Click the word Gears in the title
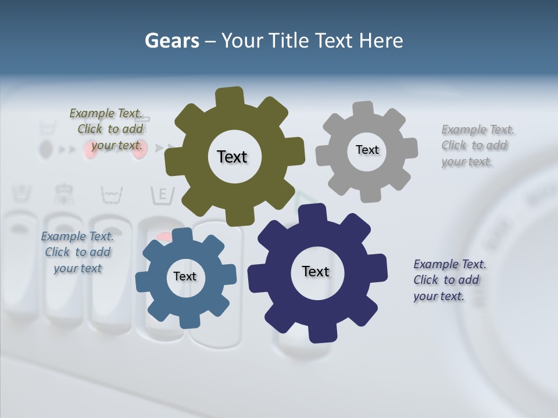[x=171, y=41]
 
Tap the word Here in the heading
[x=381, y=41]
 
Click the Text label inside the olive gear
[x=232, y=157]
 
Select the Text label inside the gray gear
[x=367, y=150]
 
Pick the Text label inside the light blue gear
[x=185, y=276]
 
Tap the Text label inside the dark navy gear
[x=316, y=271]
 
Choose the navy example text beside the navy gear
[x=449, y=280]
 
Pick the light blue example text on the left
[x=77, y=252]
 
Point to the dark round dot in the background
[x=45, y=150]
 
